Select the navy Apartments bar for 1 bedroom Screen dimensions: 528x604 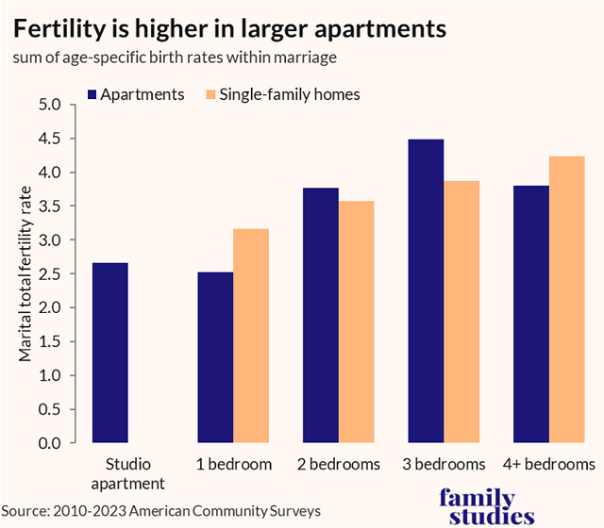pyautogui.click(x=215, y=357)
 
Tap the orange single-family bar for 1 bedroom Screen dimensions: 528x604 pyautogui.click(x=251, y=336)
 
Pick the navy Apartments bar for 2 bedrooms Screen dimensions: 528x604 pyautogui.click(x=321, y=315)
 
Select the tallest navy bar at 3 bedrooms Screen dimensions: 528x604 pyautogui.click(x=426, y=291)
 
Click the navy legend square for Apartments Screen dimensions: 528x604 pyautogui.click(x=92, y=95)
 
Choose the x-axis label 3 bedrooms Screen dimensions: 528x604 pyautogui.click(x=444, y=465)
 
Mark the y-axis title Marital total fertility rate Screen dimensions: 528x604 pyautogui.click(x=25, y=273)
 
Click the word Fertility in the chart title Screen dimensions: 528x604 pyautogui.click(x=63, y=28)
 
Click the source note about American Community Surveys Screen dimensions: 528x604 pyautogui.click(x=160, y=510)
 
